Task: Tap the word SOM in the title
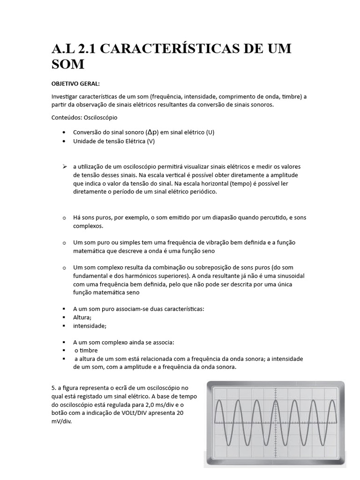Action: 68,64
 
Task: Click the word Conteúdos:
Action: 66,117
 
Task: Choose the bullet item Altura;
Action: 82,317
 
